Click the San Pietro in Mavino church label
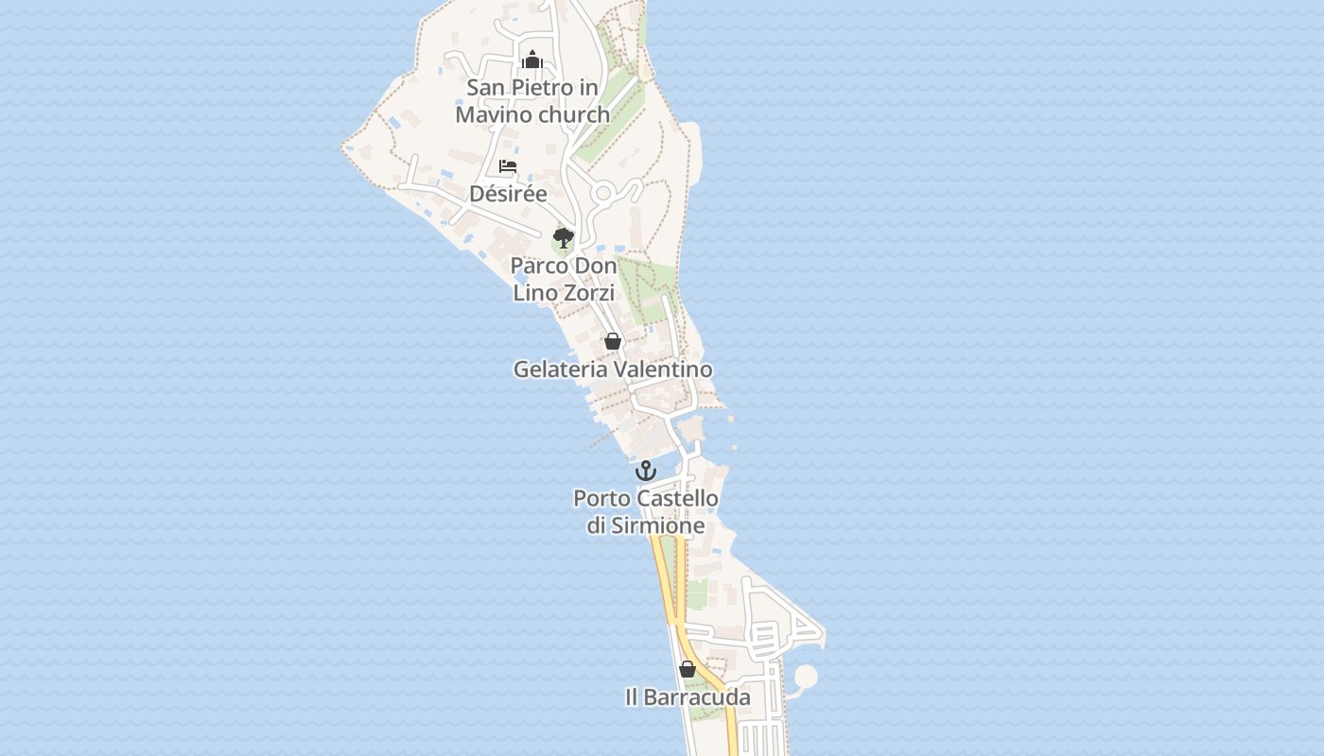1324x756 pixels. click(532, 101)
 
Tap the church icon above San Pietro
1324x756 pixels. click(532, 60)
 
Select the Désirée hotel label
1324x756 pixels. click(508, 194)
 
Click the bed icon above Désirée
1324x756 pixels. click(508, 167)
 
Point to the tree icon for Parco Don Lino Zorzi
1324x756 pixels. click(564, 237)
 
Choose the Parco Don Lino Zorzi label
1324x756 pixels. click(564, 279)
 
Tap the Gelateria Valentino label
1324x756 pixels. click(613, 369)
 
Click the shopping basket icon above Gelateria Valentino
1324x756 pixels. click(613, 341)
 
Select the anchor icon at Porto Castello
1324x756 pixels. click(646, 470)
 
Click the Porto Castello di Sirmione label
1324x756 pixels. click(646, 511)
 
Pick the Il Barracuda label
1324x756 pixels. click(688, 697)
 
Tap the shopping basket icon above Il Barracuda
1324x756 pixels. click(688, 669)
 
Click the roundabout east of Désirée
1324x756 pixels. click(602, 194)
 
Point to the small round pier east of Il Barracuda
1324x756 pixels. click(805, 677)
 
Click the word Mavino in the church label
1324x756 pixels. click(493, 114)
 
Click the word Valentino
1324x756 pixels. click(663, 369)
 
